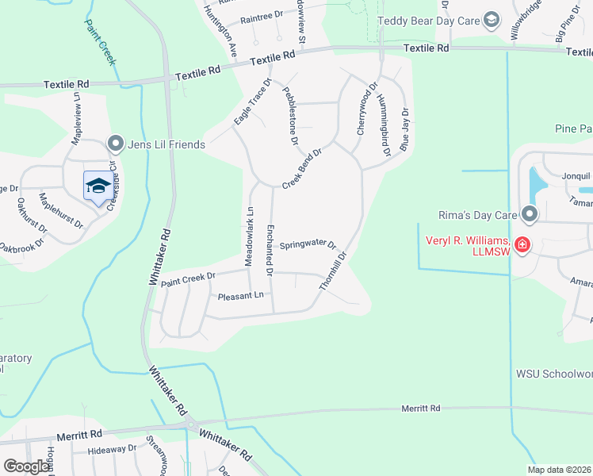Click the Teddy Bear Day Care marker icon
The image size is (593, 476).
click(x=491, y=20)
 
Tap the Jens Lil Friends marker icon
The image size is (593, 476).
click(x=116, y=144)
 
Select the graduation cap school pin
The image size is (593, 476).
click(x=98, y=186)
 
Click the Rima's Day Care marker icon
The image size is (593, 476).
click(x=530, y=214)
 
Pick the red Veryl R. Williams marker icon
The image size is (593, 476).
click(x=522, y=244)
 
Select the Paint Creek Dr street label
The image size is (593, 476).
click(x=188, y=278)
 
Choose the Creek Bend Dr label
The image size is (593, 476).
click(x=302, y=168)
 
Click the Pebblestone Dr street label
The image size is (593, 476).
click(x=289, y=116)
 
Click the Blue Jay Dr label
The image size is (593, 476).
click(x=405, y=130)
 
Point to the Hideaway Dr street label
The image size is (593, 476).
click(x=113, y=448)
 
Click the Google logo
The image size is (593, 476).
click(x=26, y=466)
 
